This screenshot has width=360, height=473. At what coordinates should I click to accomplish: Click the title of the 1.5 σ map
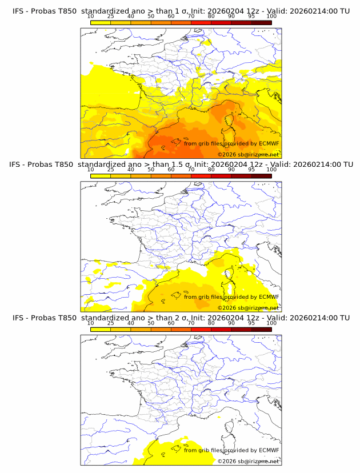181,165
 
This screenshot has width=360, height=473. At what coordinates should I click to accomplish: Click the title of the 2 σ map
181,318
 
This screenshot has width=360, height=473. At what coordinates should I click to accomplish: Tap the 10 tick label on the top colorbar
90,16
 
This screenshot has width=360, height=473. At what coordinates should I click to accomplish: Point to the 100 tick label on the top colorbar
271,16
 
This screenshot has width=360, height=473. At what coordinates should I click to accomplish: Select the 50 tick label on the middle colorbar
151,170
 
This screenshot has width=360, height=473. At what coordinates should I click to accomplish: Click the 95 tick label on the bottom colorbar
251,323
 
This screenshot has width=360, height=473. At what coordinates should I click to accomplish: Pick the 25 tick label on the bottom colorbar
110,323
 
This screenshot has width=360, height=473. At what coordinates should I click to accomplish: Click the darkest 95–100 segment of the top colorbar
261,22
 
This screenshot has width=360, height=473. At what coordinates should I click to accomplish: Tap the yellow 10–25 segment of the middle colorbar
100,176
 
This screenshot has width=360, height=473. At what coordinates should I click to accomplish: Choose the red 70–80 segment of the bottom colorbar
201,329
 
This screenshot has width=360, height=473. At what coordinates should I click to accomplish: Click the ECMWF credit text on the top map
231,143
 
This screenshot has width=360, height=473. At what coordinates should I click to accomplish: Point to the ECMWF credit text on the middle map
231,296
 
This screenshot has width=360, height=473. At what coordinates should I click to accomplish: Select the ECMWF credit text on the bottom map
231,450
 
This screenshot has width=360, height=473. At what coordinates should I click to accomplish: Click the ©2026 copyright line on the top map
248,155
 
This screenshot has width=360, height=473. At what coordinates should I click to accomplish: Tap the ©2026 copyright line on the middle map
248,308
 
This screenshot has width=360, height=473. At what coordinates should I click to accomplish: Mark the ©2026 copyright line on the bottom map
248,462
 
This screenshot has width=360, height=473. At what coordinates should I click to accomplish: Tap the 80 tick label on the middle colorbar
211,170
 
